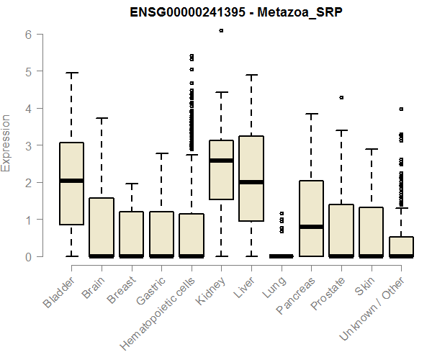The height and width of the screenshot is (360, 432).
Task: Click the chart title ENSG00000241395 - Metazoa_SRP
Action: point(229,13)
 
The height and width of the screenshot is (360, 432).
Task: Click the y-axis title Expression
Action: point(7,143)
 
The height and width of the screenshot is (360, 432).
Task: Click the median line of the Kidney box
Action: point(221,161)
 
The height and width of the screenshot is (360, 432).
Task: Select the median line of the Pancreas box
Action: point(311,227)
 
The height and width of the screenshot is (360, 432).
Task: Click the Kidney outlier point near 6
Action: point(221,31)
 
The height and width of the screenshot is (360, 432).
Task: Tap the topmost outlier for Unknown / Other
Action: point(401,109)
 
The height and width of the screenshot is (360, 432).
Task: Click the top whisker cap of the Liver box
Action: point(251,75)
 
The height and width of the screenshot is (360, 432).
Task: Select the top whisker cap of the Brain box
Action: point(102,118)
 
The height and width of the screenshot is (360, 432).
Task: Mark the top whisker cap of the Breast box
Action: point(131,184)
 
